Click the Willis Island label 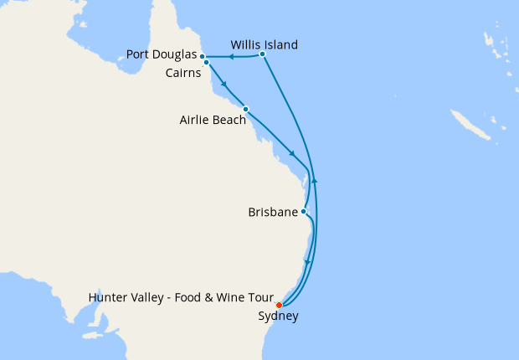(x=264, y=44)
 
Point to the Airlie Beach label (x=213, y=120)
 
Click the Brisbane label (x=273, y=213)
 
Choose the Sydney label (x=278, y=316)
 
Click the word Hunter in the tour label (x=108, y=298)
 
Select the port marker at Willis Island (x=262, y=54)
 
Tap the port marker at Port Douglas (x=203, y=56)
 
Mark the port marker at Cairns (x=206, y=63)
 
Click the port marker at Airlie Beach (x=245, y=109)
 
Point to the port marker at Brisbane (x=303, y=211)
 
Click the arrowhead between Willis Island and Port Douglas (x=230, y=56)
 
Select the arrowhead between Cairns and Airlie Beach (x=224, y=84)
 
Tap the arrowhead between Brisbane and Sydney (x=307, y=263)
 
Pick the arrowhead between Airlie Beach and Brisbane (x=291, y=152)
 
